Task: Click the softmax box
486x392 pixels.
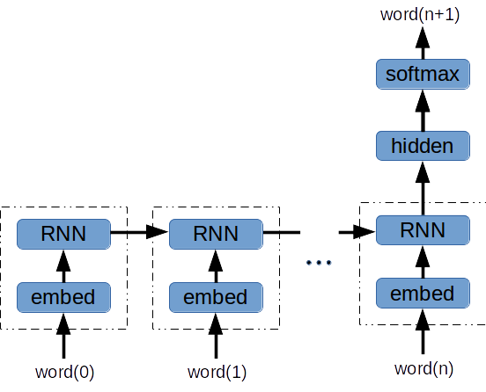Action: [423, 74]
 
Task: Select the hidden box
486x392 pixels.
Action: [423, 145]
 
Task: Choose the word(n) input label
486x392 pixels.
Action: [423, 367]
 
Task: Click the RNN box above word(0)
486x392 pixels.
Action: [63, 234]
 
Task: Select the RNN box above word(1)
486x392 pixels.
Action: [216, 234]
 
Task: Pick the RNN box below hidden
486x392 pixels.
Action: [423, 230]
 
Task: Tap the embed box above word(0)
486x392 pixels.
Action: [63, 296]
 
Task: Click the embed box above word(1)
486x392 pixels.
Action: [216, 296]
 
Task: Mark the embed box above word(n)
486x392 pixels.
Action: [423, 293]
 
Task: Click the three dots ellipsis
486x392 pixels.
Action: [318, 263]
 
